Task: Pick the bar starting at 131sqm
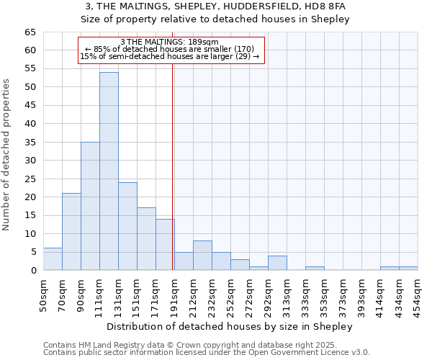coord(127,226)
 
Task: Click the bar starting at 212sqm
coord(202,256)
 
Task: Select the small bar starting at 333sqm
coord(315,269)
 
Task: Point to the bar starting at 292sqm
coord(277,263)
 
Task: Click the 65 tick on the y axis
coord(30,32)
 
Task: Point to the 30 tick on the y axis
coord(30,161)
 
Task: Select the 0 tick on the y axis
coord(32,271)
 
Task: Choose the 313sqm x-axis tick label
coord(287,294)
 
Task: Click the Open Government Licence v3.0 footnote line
coord(207,353)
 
